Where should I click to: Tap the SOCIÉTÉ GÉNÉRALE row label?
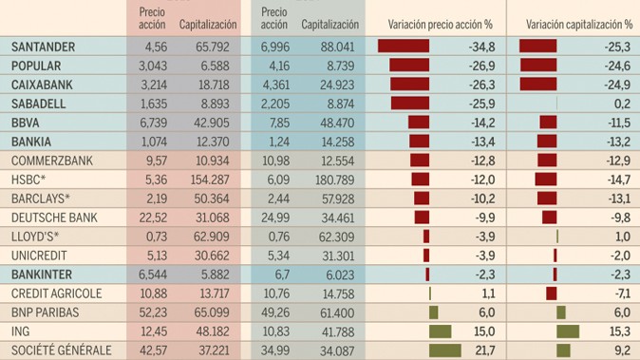tap(61, 351)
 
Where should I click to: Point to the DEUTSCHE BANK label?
tap(54, 218)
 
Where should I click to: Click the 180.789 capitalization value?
tap(333, 179)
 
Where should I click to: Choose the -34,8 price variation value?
tap(483, 46)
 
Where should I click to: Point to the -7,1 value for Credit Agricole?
tap(620, 294)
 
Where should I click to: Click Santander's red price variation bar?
tap(404, 46)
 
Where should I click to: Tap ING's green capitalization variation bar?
tap(568, 332)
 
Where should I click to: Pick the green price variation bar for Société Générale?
tap(445, 351)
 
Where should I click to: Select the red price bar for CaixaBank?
tap(409, 84)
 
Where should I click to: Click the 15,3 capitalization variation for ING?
tap(620, 332)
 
